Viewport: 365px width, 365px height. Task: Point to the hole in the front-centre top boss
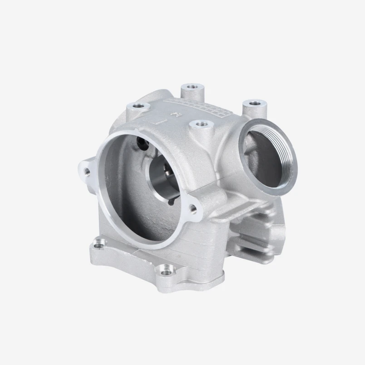[200, 123]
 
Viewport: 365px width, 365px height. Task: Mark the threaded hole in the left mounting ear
[87, 171]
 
